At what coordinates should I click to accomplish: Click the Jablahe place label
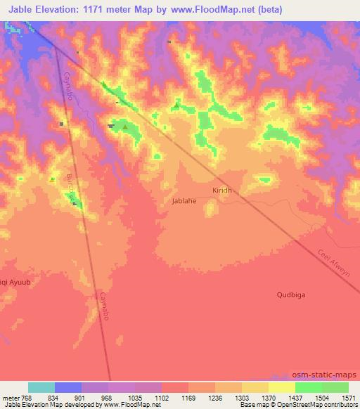tap(184, 200)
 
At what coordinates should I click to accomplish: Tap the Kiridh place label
tap(221, 190)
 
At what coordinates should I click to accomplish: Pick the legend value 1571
tap(349, 397)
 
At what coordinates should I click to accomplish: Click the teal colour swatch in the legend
tap(41, 387)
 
